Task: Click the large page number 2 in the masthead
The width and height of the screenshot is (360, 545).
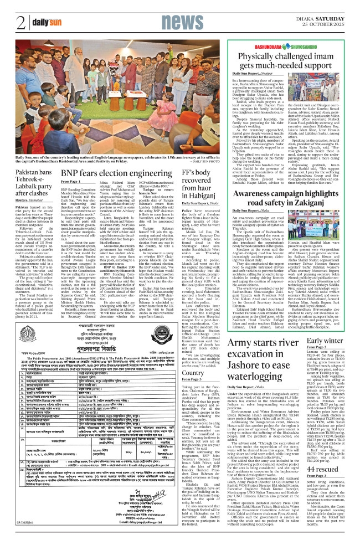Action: pos(20,23)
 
